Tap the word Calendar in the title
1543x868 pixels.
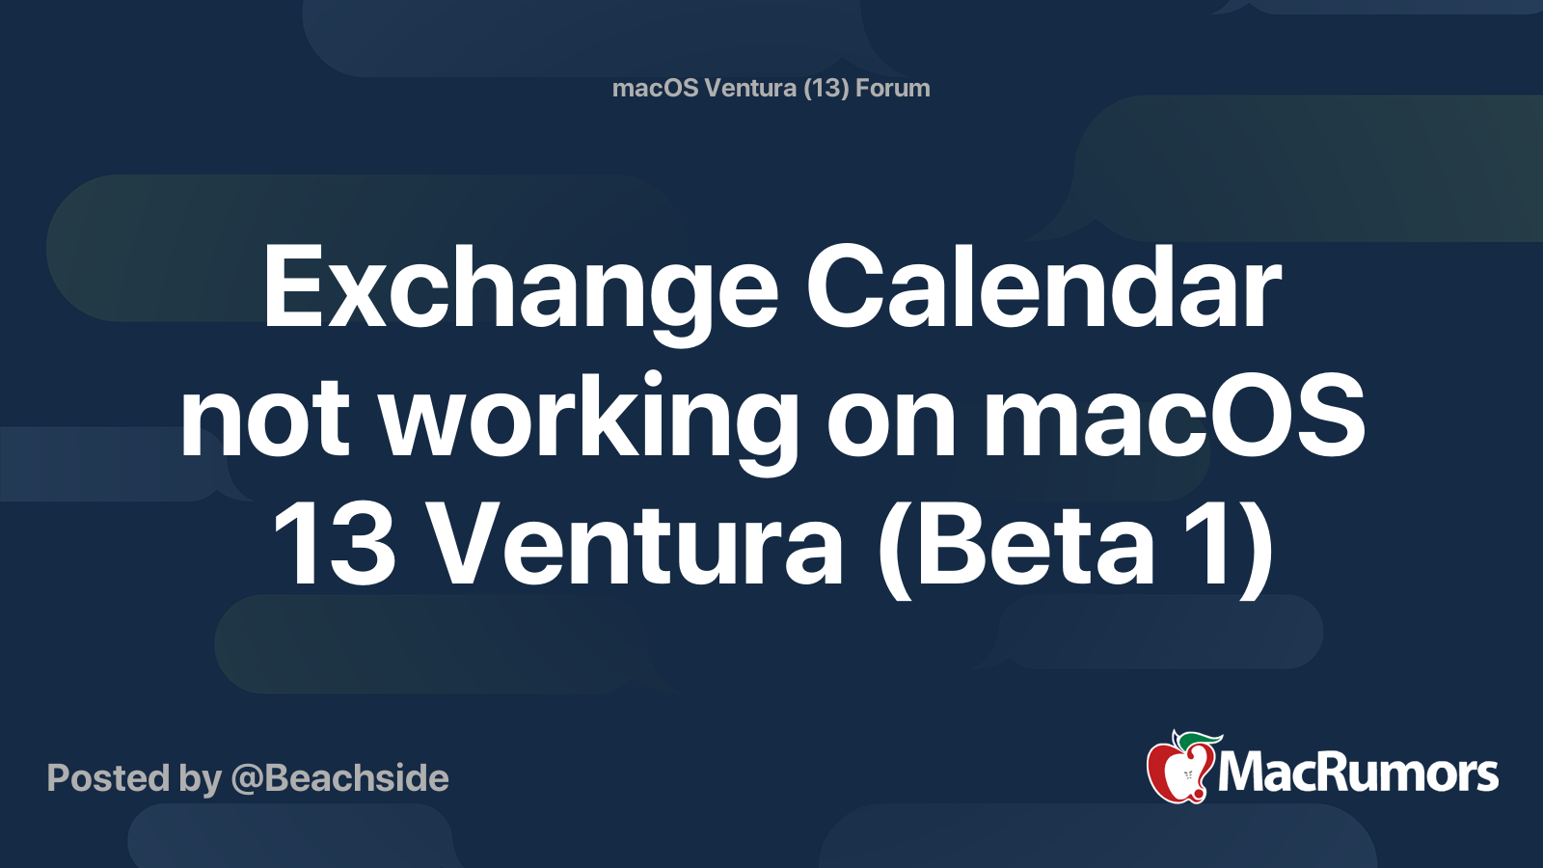[1042, 286]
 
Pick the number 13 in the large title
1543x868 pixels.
[335, 545]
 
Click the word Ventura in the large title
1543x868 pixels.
[638, 545]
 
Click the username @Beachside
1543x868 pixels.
[339, 778]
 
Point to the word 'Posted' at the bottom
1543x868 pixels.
[109, 777]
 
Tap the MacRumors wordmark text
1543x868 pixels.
[1358, 773]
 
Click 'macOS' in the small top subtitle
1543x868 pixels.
[655, 88]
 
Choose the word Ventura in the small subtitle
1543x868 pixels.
[751, 88]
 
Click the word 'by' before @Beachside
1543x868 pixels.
[201, 780]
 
